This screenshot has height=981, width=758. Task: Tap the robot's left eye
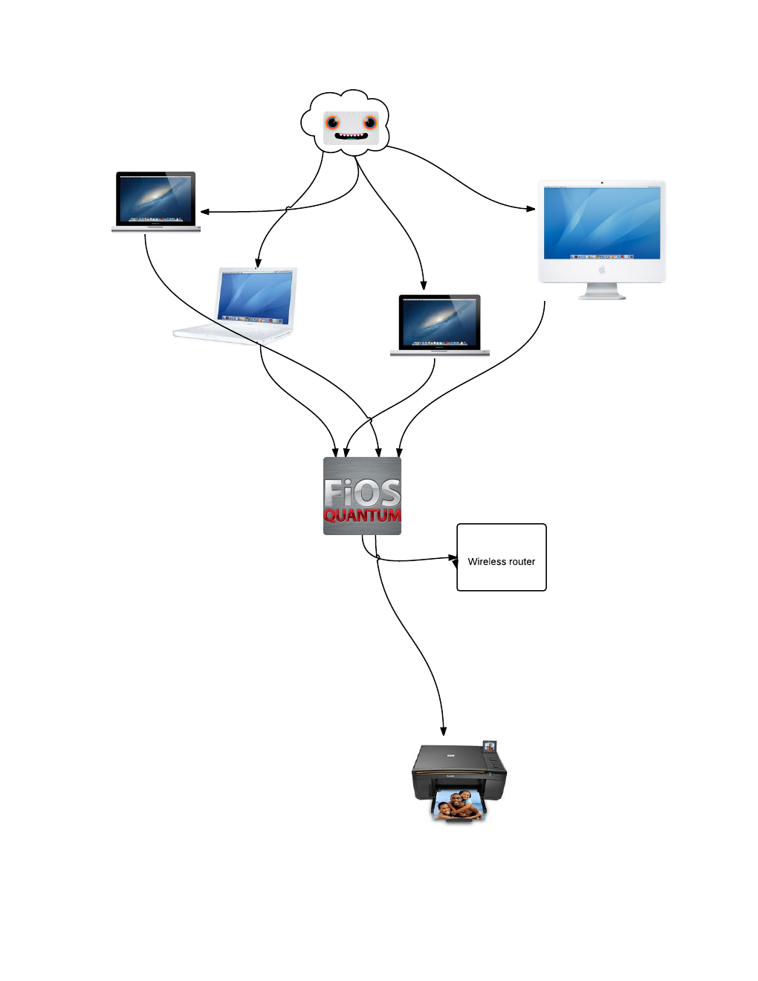[x=332, y=123]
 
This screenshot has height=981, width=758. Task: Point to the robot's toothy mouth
[x=351, y=136]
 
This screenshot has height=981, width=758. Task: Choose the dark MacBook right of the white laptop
[x=439, y=324]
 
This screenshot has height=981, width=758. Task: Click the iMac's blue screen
[x=602, y=222]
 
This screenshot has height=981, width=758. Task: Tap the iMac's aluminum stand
[x=602, y=291]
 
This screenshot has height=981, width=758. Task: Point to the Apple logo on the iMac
[x=602, y=270]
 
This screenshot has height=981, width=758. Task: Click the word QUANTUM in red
[x=362, y=515]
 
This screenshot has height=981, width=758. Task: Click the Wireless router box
[x=502, y=557]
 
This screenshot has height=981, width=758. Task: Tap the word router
[x=522, y=562]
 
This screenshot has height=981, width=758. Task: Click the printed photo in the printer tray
[x=457, y=805]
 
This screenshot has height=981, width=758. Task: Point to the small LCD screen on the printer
[x=489, y=745]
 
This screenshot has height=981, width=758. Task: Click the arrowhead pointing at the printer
[x=444, y=731]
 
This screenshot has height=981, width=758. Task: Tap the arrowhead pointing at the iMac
[x=531, y=209]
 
